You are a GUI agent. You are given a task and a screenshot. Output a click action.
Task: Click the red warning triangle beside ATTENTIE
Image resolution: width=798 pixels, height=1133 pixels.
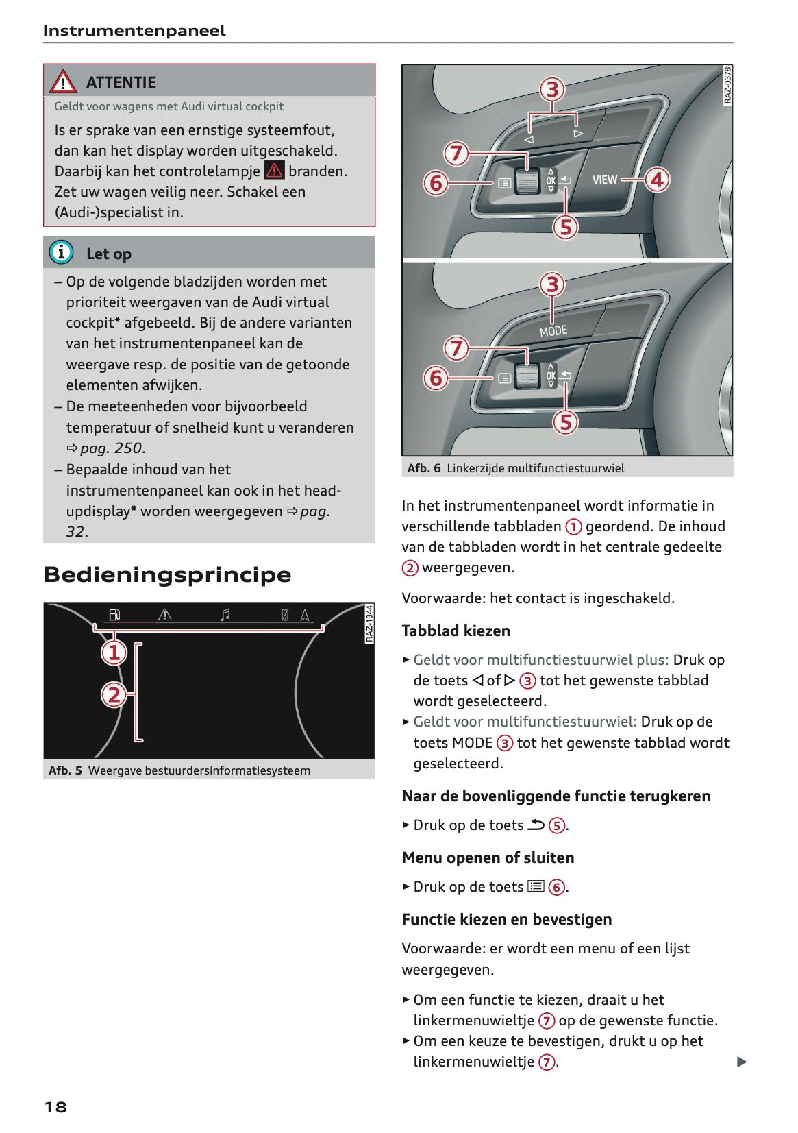click(x=63, y=82)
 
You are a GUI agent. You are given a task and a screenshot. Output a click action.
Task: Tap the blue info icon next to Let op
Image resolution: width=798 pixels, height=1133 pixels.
click(x=61, y=253)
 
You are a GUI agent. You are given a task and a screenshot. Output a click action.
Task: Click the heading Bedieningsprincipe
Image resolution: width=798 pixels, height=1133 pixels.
click(x=167, y=574)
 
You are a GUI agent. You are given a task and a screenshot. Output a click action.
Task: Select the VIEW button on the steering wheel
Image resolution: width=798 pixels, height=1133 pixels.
click(x=604, y=180)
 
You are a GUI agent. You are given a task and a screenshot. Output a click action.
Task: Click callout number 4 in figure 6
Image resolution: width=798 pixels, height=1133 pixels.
click(x=657, y=180)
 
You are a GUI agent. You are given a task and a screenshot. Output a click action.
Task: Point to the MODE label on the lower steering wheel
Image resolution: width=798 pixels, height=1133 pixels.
click(x=553, y=331)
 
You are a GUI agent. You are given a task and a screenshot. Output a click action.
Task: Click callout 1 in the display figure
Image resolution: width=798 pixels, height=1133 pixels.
click(x=114, y=652)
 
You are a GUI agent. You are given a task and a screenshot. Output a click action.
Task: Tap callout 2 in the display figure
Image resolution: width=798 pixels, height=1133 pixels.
click(x=114, y=695)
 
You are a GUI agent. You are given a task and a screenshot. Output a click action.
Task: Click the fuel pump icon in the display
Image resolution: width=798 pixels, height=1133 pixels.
click(x=114, y=615)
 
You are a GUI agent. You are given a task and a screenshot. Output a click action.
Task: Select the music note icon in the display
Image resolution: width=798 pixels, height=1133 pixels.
click(x=225, y=615)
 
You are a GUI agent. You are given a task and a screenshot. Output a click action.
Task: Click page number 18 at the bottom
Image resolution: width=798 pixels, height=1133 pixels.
click(x=55, y=1107)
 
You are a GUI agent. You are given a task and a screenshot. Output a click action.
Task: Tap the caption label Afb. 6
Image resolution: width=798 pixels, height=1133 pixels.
click(x=423, y=468)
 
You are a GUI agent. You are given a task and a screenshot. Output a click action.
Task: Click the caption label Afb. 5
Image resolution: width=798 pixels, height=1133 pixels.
click(x=65, y=770)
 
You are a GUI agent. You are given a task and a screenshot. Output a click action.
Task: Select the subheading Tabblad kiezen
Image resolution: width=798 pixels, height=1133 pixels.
click(x=456, y=631)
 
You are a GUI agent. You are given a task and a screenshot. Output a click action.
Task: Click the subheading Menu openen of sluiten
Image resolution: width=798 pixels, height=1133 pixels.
click(x=488, y=857)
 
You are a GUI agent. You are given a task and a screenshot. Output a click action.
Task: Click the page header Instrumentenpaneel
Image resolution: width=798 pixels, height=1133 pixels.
click(x=134, y=31)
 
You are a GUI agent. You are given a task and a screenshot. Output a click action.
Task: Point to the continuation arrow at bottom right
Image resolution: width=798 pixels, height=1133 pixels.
click(x=741, y=1062)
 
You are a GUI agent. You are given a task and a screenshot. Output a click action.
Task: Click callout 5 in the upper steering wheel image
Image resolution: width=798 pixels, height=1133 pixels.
click(x=566, y=227)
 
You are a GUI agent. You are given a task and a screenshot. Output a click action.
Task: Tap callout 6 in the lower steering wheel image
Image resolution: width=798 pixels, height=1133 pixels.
click(x=436, y=378)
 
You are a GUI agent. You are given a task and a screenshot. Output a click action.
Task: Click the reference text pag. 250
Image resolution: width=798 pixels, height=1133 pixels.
click(x=112, y=448)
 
